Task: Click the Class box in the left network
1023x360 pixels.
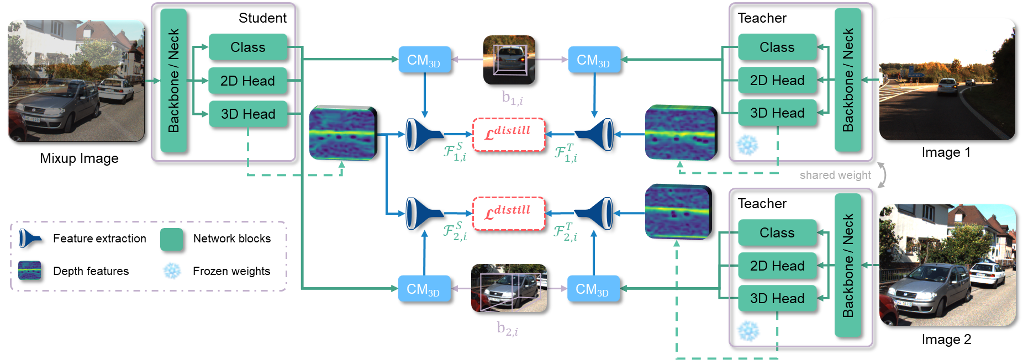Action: pyautogui.click(x=247, y=47)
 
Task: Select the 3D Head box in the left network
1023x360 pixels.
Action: pyautogui.click(x=247, y=114)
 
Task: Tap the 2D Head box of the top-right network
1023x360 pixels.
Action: pyautogui.click(x=777, y=80)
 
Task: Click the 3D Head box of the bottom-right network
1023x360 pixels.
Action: pyautogui.click(x=777, y=298)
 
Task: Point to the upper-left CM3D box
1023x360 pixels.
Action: pyautogui.click(x=424, y=60)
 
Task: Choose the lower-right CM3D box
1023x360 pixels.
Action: pyautogui.click(x=593, y=289)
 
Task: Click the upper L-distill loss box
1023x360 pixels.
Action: pyautogui.click(x=508, y=135)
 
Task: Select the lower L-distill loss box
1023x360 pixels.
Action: pyautogui.click(x=508, y=214)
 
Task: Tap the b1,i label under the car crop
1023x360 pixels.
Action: pyautogui.click(x=512, y=98)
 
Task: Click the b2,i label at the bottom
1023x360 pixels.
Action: pyautogui.click(x=507, y=329)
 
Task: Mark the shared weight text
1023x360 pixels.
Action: pyautogui.click(x=835, y=175)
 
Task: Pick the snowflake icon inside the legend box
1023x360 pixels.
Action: pyautogui.click(x=172, y=270)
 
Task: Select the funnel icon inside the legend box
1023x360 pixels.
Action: pyautogui.click(x=29, y=238)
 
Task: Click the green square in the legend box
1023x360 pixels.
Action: pyautogui.click(x=171, y=240)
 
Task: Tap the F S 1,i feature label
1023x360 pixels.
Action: pyautogui.click(x=455, y=152)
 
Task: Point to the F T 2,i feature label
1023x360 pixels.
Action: pyautogui.click(x=566, y=232)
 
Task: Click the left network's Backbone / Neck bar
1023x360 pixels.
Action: pyautogui.click(x=173, y=81)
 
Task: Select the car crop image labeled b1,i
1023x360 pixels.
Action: pyautogui.click(x=509, y=60)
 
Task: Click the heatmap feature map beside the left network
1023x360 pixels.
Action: pyautogui.click(x=342, y=133)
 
